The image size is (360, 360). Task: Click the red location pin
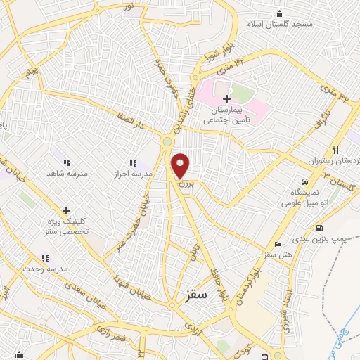[181, 165]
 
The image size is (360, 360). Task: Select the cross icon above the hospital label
[226, 99]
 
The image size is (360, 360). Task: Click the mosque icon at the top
[280, 13]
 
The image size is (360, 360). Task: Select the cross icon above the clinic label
[67, 210]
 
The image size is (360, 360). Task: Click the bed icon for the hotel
[278, 243]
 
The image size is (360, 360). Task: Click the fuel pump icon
[321, 228]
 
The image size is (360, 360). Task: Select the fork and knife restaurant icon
[335, 150]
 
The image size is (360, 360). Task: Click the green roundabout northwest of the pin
[167, 142]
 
